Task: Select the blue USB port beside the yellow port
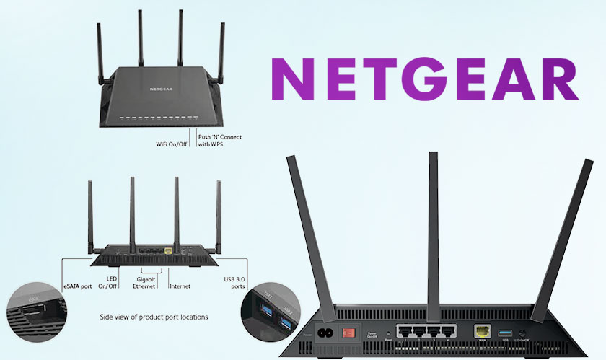tap(504, 332)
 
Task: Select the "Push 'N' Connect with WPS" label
tap(219, 140)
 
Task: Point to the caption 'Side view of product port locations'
tap(153, 317)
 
